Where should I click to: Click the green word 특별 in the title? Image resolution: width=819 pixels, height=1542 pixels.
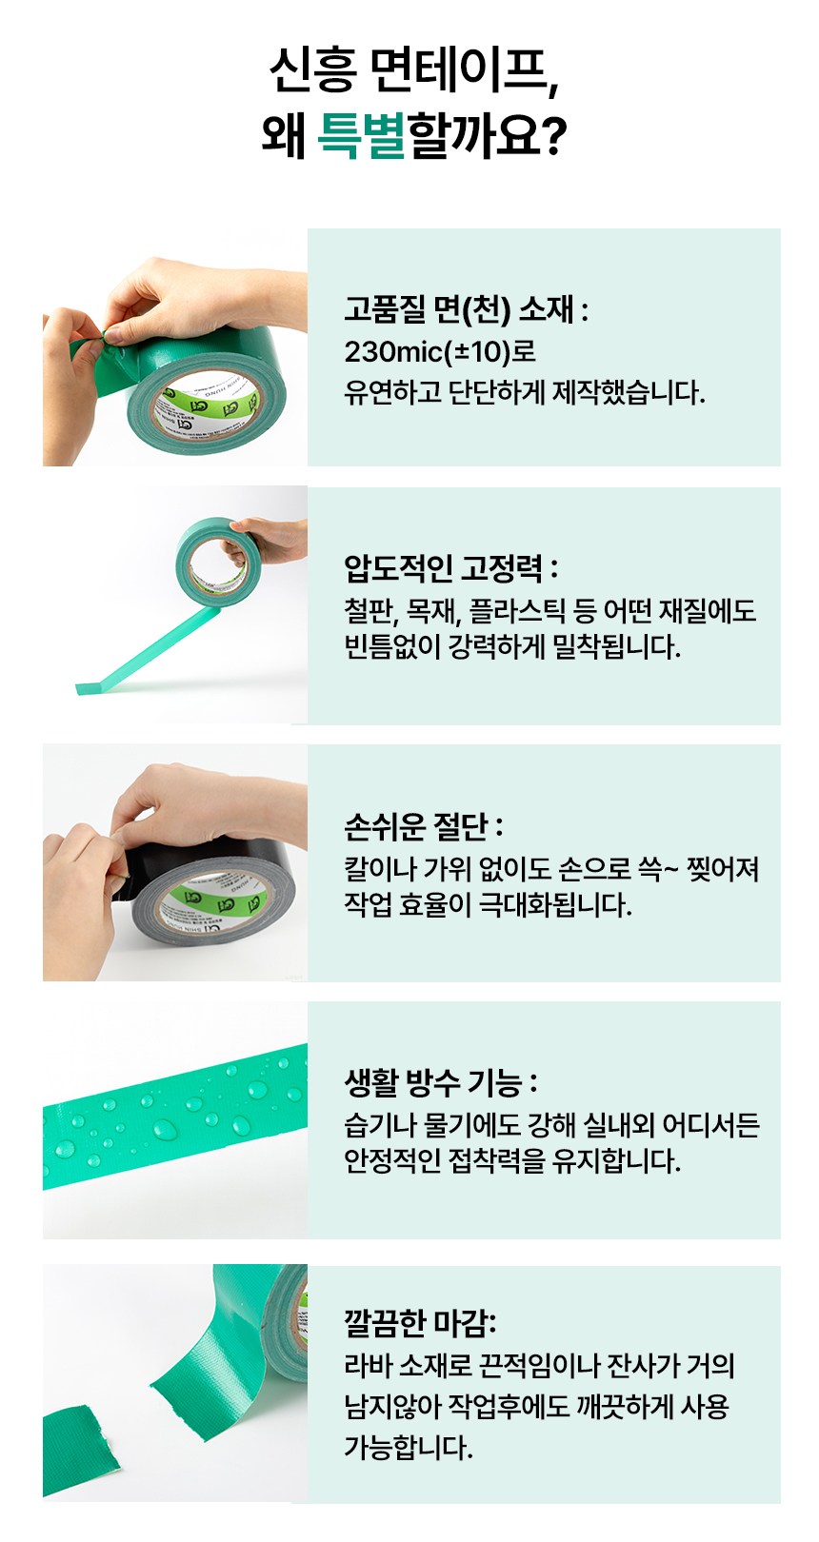click(x=361, y=135)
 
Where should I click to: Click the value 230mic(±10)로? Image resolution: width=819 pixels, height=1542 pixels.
click(x=439, y=352)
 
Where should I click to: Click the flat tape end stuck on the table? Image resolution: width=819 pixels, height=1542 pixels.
click(x=89, y=687)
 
